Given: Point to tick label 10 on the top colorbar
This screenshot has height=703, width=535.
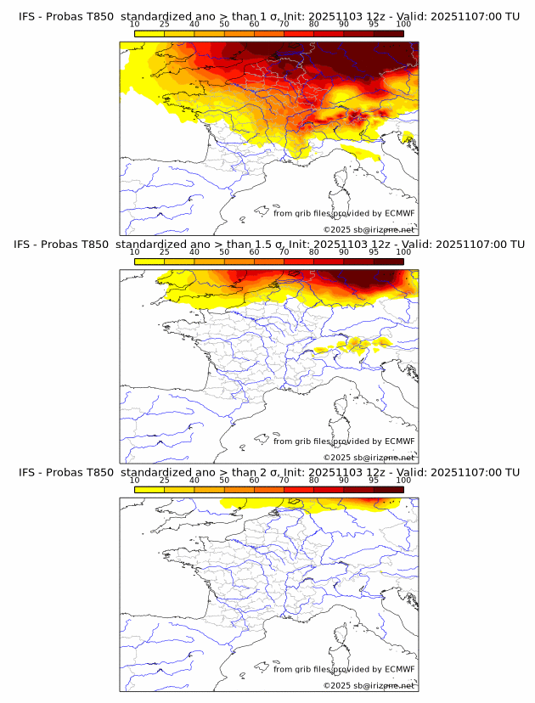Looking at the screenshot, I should coord(135,24).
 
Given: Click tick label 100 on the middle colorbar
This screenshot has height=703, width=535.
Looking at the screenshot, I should coord(403,251).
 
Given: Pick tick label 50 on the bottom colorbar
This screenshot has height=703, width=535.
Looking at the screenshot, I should coord(224,480).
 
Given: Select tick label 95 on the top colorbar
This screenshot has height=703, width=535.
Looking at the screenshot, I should coord(374,24).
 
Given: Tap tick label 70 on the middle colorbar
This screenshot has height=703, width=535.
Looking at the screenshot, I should coord(284,251).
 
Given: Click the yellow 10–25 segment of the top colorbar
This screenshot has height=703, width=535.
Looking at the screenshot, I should coord(149,33).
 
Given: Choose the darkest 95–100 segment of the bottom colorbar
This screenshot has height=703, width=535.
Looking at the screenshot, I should coord(388,490).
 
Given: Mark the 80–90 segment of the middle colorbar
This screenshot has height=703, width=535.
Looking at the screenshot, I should coord(329,262).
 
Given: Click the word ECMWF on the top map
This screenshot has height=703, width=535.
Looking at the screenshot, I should coord(399,213).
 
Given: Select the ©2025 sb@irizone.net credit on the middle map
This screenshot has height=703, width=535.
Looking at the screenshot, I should coord(369,458).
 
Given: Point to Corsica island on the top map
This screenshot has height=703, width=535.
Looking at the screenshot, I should coord(341,181).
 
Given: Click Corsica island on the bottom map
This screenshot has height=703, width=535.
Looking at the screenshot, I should coord(341,638).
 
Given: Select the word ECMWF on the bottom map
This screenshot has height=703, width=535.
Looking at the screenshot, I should coord(399,669).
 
